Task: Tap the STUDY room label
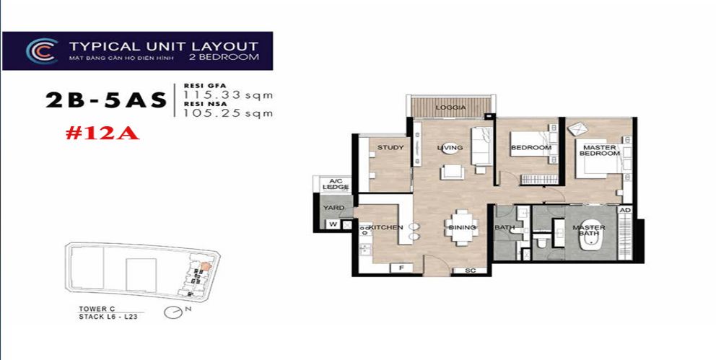[390, 148]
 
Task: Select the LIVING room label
[449, 148]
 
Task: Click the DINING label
[462, 227]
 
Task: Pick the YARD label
[333, 208]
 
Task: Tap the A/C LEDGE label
[336, 184]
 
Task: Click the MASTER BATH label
[588, 231]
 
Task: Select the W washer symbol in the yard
[332, 224]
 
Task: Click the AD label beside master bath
[625, 210]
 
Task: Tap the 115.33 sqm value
[228, 95]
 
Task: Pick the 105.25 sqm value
[228, 113]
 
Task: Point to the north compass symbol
[173, 312]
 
